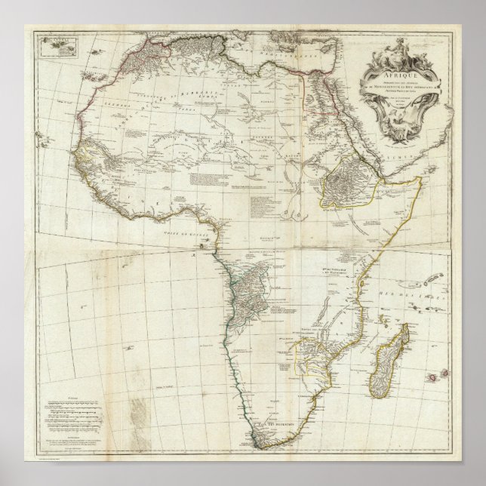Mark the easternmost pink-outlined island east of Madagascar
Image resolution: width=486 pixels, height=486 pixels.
pyautogui.click(x=444, y=375)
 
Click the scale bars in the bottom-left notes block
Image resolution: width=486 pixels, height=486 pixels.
pyautogui.click(x=72, y=411)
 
